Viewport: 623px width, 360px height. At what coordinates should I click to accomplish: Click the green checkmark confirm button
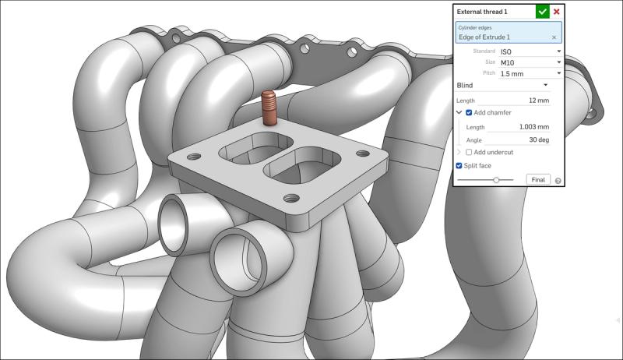tap(543, 12)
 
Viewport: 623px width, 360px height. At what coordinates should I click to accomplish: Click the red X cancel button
tap(557, 12)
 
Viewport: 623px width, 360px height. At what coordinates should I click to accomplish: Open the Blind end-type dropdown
tap(502, 85)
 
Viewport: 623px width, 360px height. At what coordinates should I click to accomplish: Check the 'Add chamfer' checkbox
tap(469, 113)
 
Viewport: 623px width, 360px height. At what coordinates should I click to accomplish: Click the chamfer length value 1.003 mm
tap(534, 127)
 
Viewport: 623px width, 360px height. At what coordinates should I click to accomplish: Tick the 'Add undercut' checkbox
tap(469, 152)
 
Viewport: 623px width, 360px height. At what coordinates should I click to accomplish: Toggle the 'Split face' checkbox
tap(459, 165)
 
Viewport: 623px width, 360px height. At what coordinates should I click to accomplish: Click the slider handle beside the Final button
tap(496, 180)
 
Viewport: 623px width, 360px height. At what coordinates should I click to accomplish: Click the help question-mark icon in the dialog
tap(558, 181)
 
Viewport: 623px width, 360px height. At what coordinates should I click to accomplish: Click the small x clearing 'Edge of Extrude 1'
tap(554, 37)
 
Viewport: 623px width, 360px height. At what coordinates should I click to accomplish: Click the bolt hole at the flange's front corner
tap(291, 198)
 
